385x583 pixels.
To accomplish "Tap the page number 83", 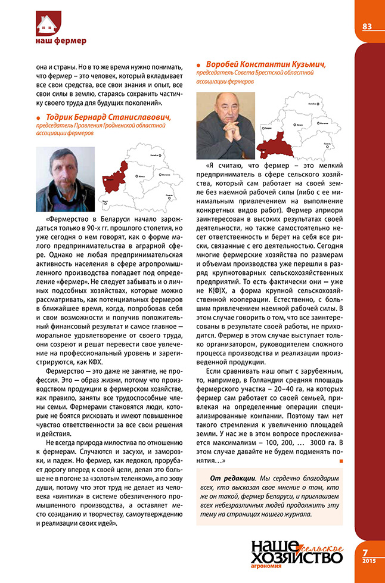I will [x=367, y=26].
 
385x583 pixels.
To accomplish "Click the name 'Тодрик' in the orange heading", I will [x=63, y=117].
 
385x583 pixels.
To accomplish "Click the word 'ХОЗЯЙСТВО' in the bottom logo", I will [x=296, y=557].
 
